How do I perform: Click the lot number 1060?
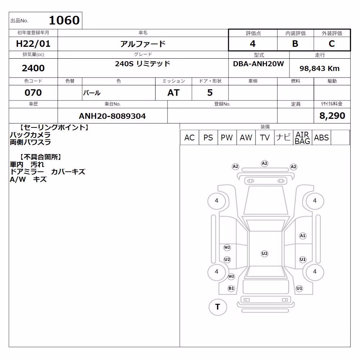[64, 20]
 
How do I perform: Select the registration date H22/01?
[33, 44]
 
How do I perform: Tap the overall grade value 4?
[253, 44]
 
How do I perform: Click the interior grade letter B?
[295, 44]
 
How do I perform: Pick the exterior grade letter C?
[332, 44]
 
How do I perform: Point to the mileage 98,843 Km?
[320, 68]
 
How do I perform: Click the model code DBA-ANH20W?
[258, 64]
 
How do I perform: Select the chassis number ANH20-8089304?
[112, 116]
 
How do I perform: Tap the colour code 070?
[33, 93]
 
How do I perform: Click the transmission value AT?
[174, 93]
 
